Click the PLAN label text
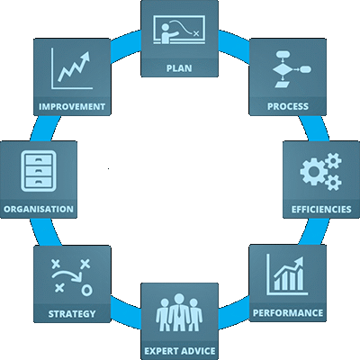pyautogui.click(x=179, y=68)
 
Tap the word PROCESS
pyautogui.click(x=288, y=106)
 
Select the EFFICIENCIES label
pyautogui.click(x=321, y=209)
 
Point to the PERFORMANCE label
pyautogui.click(x=288, y=313)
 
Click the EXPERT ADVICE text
pyautogui.click(x=180, y=351)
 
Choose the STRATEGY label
pyautogui.click(x=72, y=314)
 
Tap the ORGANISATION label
pyautogui.click(x=39, y=209)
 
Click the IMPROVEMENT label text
pyautogui.click(x=72, y=106)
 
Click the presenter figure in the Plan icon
pyautogui.click(x=168, y=33)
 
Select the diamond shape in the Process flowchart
pyautogui.click(x=283, y=69)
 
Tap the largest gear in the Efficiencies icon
pyautogui.click(x=313, y=172)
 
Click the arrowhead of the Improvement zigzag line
pyautogui.click(x=85, y=56)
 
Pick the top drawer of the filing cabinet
pyautogui.click(x=39, y=159)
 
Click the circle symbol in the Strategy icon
pyautogui.click(x=86, y=290)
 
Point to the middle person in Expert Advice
pyautogui.click(x=179, y=312)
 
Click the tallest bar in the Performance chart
pyautogui.click(x=300, y=279)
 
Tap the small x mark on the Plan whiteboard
pyautogui.click(x=196, y=33)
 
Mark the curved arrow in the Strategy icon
pyautogui.click(x=67, y=274)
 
